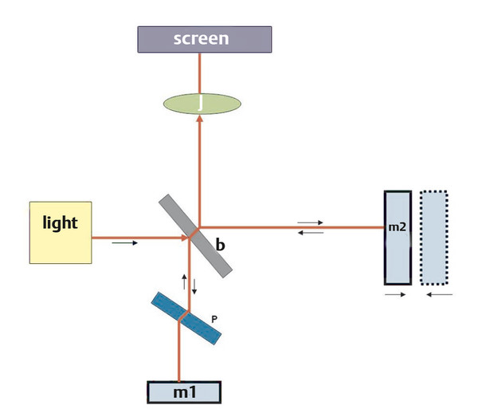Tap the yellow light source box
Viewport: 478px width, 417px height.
pos(61,233)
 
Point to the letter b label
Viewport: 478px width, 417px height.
pos(220,247)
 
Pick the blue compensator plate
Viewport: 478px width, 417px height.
pos(186,318)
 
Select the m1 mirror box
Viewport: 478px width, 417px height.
pos(182,391)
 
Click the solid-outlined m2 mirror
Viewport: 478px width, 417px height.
pos(398,238)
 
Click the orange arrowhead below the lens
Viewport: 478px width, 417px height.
pos(199,119)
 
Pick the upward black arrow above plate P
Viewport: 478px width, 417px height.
pos(184,281)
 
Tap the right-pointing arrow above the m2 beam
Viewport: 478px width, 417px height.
pos(309,222)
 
